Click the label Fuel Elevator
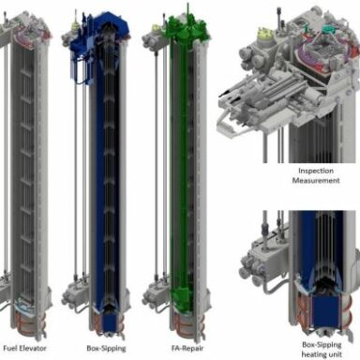click(x=24, y=348)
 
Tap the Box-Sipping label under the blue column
click(x=106, y=349)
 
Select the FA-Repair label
click(x=187, y=349)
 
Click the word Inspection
click(x=316, y=171)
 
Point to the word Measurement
click(x=316, y=181)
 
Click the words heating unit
click(x=322, y=354)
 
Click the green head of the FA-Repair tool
click(x=186, y=30)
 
